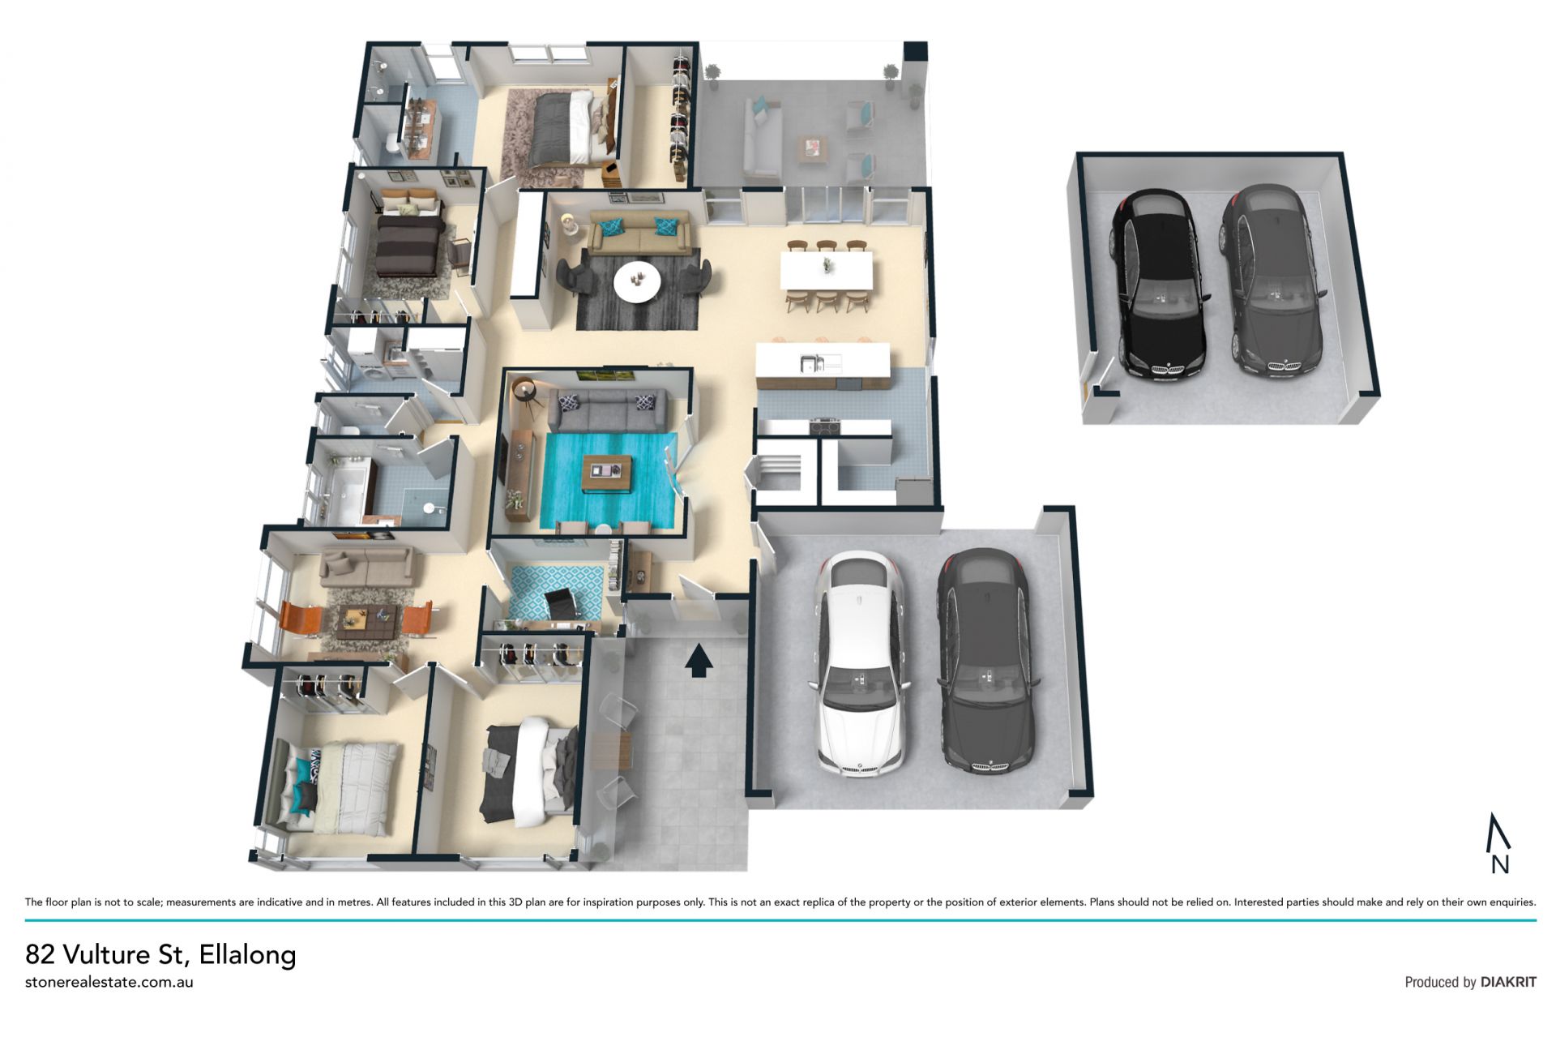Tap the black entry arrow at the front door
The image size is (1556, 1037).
[699, 660]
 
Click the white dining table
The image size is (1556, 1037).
[827, 270]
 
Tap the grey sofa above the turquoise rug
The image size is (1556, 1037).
[607, 409]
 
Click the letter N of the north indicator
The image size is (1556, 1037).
[1500, 864]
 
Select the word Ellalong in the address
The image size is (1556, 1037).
[247, 954]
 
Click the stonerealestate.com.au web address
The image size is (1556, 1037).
[109, 982]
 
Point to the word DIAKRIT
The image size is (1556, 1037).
[1508, 982]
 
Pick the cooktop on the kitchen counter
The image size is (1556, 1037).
[825, 425]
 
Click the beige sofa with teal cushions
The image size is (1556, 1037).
[639, 233]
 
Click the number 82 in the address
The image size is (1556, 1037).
[41, 954]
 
